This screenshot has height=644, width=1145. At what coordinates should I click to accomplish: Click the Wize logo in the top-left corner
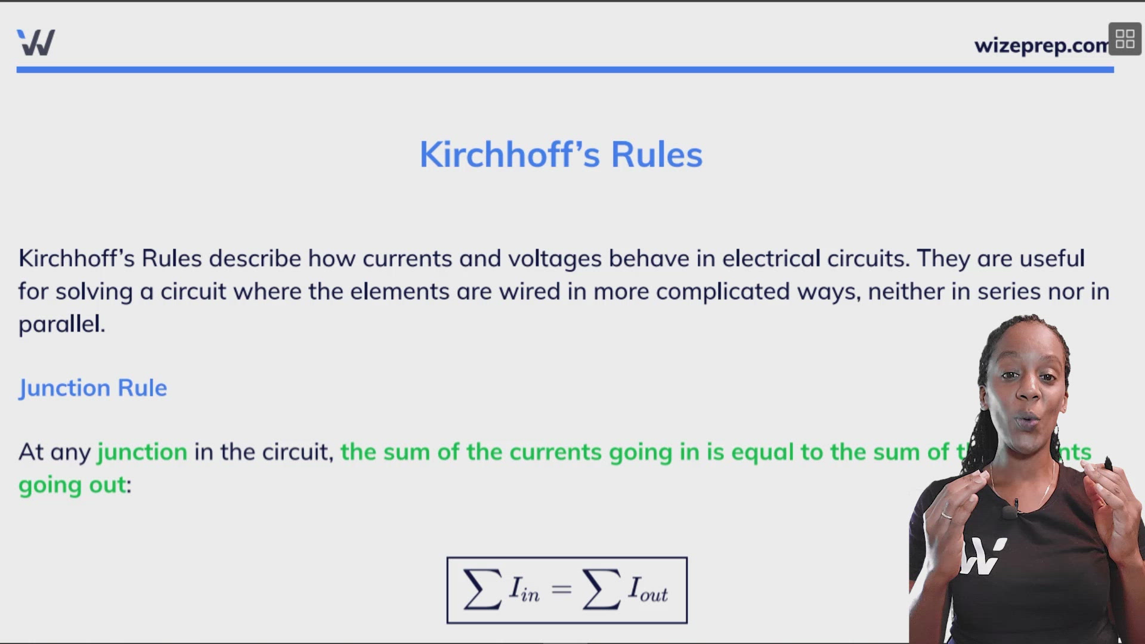click(x=36, y=42)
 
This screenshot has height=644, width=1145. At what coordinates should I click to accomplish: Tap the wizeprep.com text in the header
click(x=1041, y=45)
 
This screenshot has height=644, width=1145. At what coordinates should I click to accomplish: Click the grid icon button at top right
click(x=1125, y=39)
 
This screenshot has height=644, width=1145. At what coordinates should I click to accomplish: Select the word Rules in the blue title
click(x=657, y=155)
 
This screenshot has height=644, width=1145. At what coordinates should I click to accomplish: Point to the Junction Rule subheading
click(x=93, y=388)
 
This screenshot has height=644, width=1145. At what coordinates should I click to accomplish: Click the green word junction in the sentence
click(x=143, y=452)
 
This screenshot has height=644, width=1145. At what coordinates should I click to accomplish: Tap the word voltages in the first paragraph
click(x=555, y=259)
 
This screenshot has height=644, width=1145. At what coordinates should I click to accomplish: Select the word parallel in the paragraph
click(x=61, y=324)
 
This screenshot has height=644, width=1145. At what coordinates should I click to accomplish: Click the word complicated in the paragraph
click(x=723, y=292)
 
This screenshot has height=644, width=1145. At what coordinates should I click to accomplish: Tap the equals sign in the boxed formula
click(x=561, y=590)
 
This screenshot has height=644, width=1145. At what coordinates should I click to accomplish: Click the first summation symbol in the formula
click(x=482, y=590)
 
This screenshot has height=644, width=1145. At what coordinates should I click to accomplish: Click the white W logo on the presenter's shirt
click(x=983, y=556)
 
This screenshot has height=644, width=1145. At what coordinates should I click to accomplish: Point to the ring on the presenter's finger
click(x=946, y=515)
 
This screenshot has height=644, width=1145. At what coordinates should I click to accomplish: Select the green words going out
click(x=73, y=485)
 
